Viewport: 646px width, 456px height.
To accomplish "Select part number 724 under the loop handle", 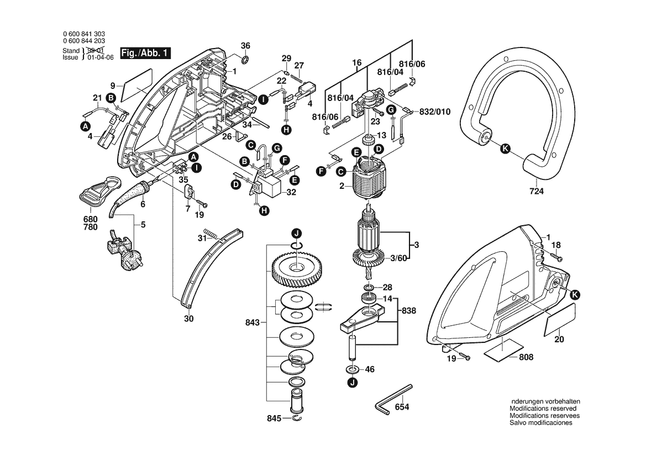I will [x=536, y=192].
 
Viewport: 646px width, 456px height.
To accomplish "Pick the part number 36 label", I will [x=246, y=45].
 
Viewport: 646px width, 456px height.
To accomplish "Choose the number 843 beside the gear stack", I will [x=252, y=322].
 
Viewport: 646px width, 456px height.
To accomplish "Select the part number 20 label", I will [x=559, y=340].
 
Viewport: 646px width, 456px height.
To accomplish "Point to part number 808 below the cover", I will [x=526, y=357].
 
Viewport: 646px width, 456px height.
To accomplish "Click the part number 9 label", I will [x=113, y=86].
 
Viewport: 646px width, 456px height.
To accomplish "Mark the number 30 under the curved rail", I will [x=188, y=319].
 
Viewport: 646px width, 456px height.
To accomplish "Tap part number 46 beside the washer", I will [x=370, y=369].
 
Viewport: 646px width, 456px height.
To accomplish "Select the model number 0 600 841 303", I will [x=85, y=34].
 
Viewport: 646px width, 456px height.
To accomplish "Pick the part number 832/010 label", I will [x=435, y=112].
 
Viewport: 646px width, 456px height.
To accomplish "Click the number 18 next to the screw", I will [x=556, y=245].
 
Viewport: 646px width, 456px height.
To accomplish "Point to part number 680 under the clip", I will [x=91, y=219].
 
